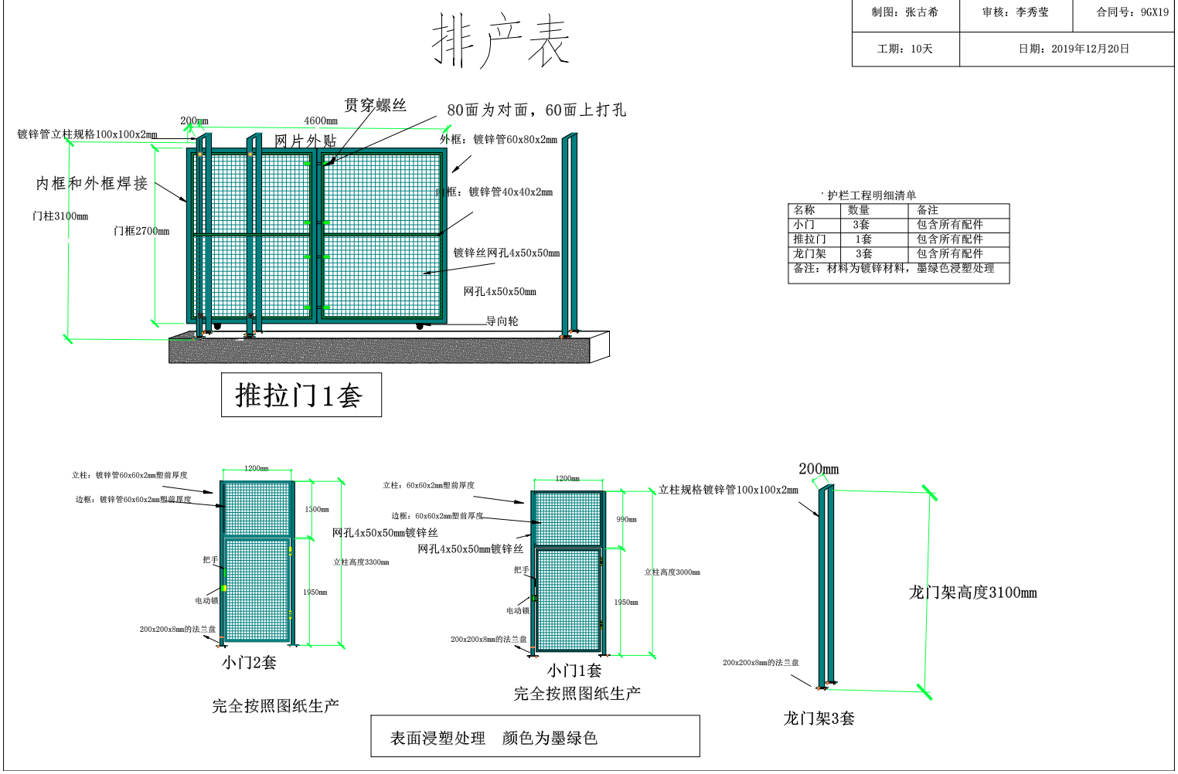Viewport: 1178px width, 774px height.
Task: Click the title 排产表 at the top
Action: pyautogui.click(x=500, y=40)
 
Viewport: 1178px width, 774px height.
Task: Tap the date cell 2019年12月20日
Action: pyautogui.click(x=1074, y=49)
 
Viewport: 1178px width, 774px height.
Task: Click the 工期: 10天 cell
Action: pyautogui.click(x=905, y=49)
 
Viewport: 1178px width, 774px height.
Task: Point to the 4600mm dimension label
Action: pyautogui.click(x=321, y=121)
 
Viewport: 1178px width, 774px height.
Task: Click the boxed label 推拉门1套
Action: pyautogui.click(x=301, y=395)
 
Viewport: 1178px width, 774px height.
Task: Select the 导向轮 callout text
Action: pyautogui.click(x=502, y=321)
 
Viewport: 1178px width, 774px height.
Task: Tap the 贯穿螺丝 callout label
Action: pyautogui.click(x=375, y=105)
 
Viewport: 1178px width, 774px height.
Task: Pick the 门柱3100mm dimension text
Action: pyautogui.click(x=60, y=216)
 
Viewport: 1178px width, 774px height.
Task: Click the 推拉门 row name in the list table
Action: pyautogui.click(x=809, y=239)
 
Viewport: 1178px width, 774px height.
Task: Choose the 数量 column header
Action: pyautogui.click(x=858, y=210)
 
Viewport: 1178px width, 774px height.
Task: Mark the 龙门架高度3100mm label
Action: pyautogui.click(x=972, y=592)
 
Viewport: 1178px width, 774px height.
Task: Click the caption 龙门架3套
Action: pyautogui.click(x=819, y=718)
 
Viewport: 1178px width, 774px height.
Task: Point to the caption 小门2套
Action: pyautogui.click(x=249, y=662)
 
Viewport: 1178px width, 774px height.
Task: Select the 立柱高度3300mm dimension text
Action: pyautogui.click(x=361, y=562)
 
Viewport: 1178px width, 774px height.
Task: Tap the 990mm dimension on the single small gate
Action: pyautogui.click(x=626, y=519)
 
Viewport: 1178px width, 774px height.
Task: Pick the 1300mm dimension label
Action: pyautogui.click(x=316, y=509)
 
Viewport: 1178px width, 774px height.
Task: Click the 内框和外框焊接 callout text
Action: pyautogui.click(x=92, y=183)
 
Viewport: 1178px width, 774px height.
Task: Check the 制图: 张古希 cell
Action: pyautogui.click(x=904, y=12)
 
